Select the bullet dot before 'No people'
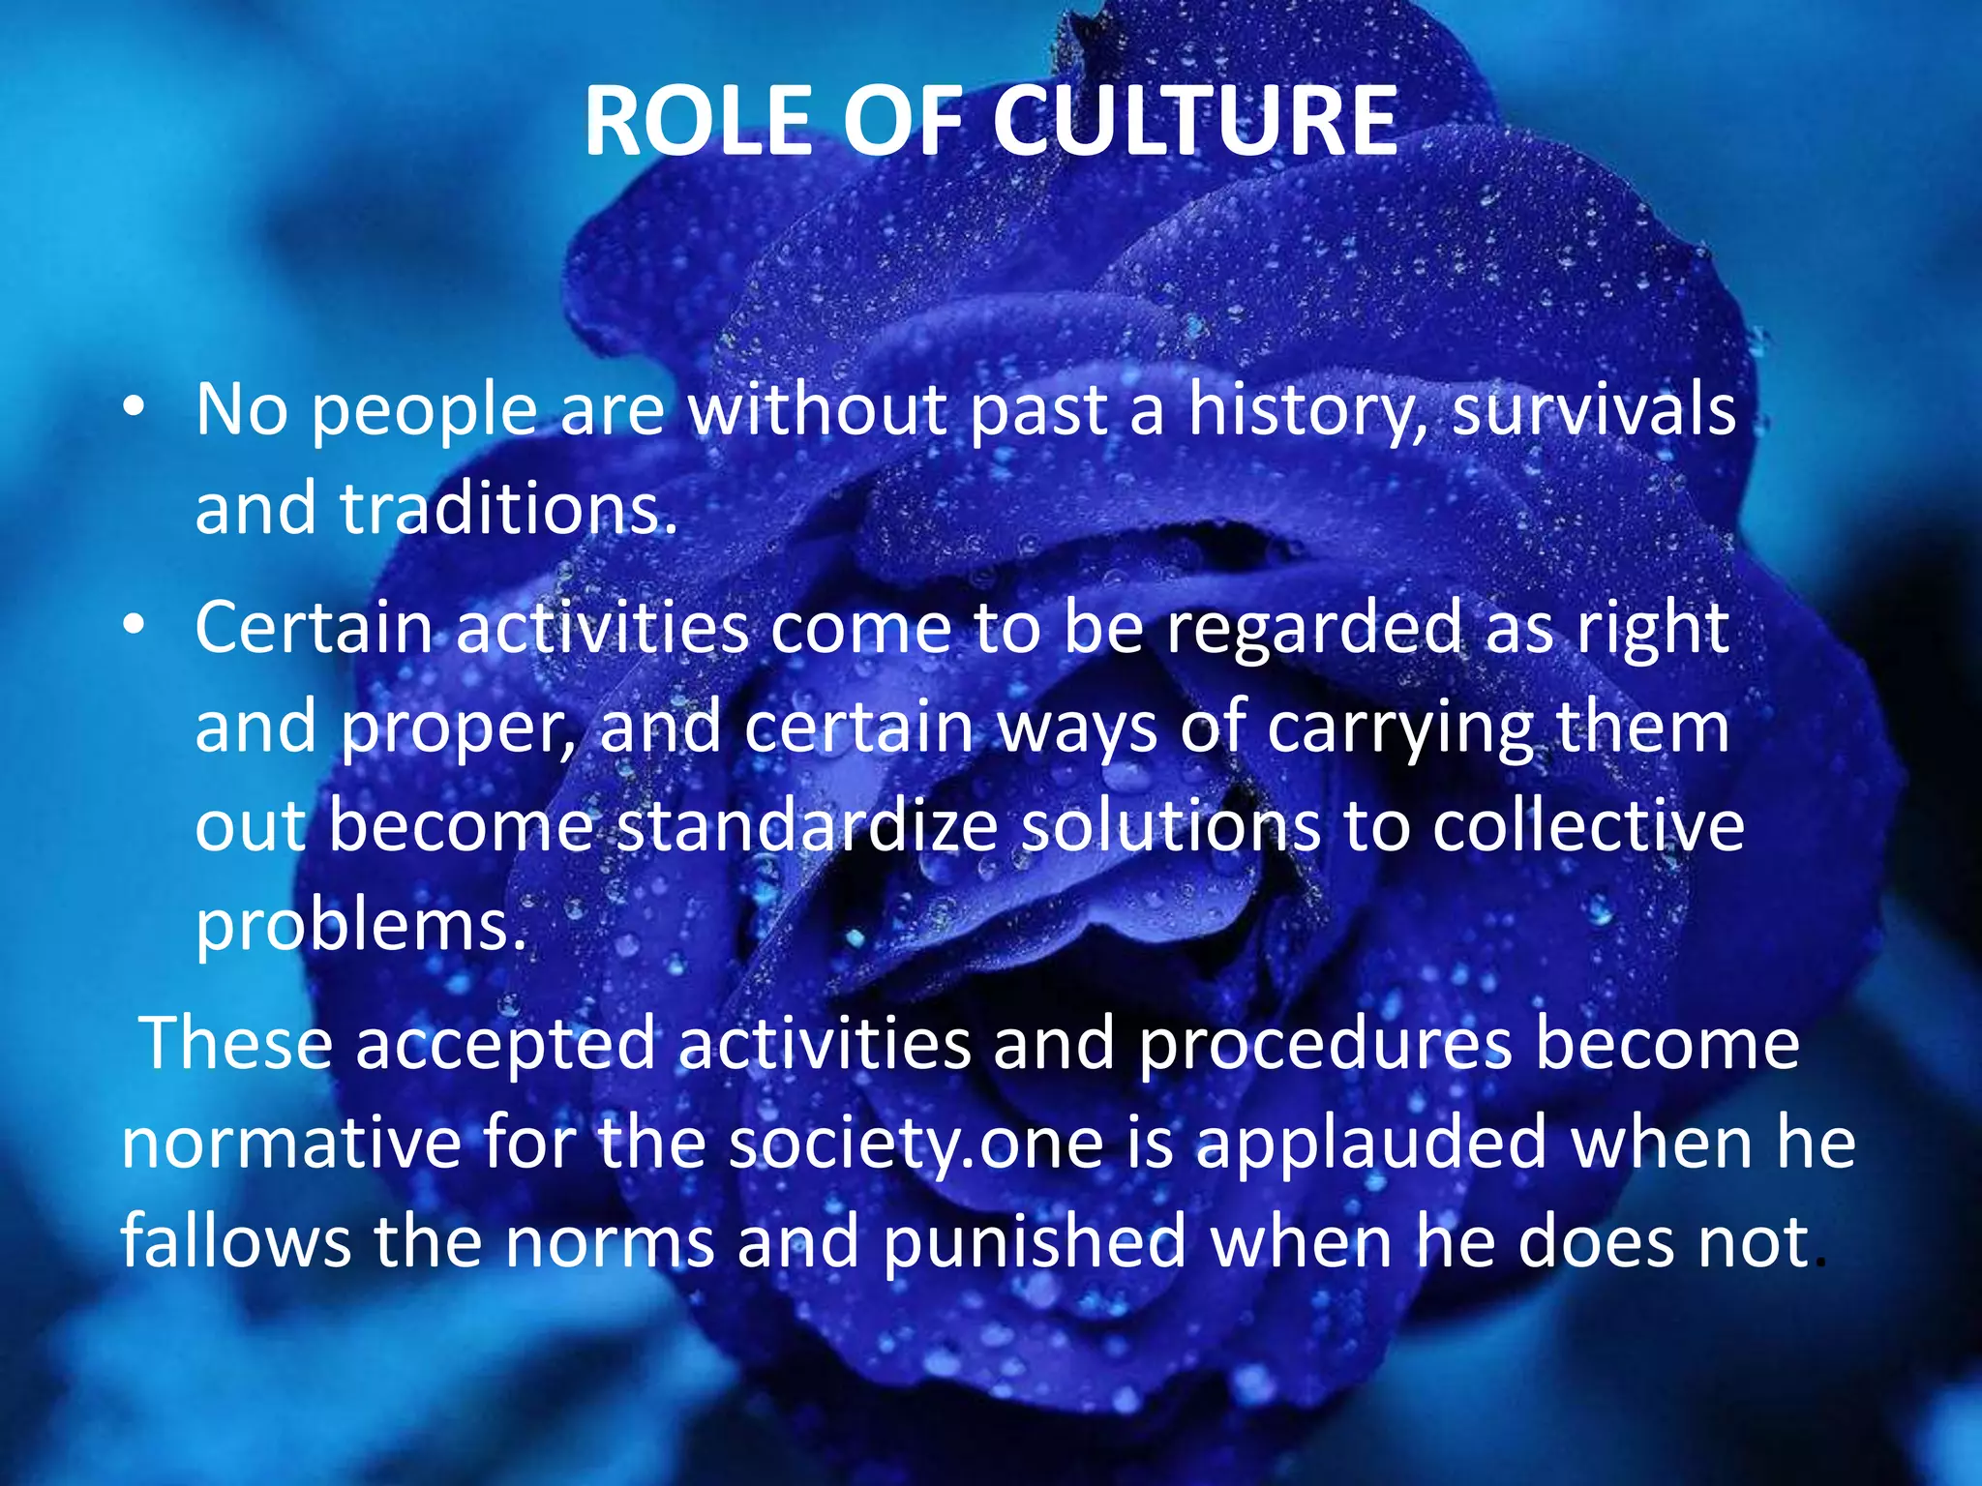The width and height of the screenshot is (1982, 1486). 134,407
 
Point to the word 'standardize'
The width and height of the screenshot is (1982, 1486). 808,828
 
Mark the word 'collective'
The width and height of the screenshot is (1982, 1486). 1588,828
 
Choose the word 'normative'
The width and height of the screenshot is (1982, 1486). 290,1144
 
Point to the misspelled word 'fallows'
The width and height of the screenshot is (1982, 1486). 235,1242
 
